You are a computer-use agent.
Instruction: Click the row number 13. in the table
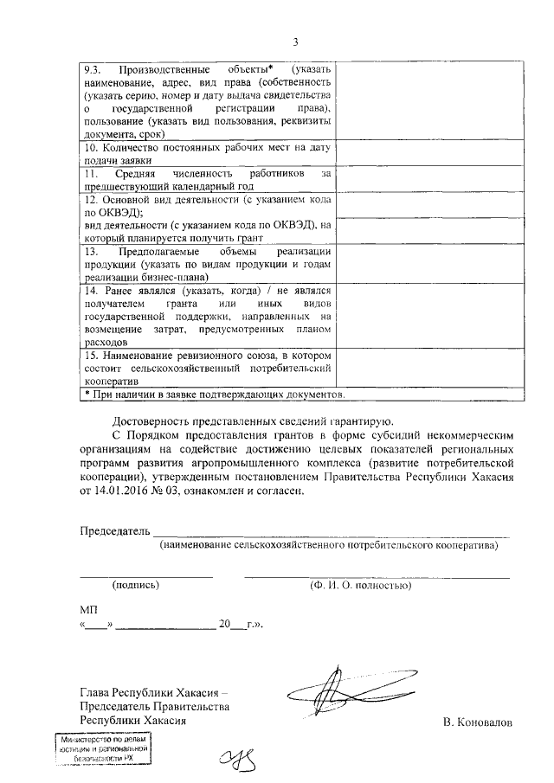pyautogui.click(x=92, y=251)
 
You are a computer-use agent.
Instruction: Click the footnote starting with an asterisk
pyautogui.click(x=214, y=395)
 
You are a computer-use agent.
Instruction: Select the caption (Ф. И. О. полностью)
pyautogui.click(x=359, y=585)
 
